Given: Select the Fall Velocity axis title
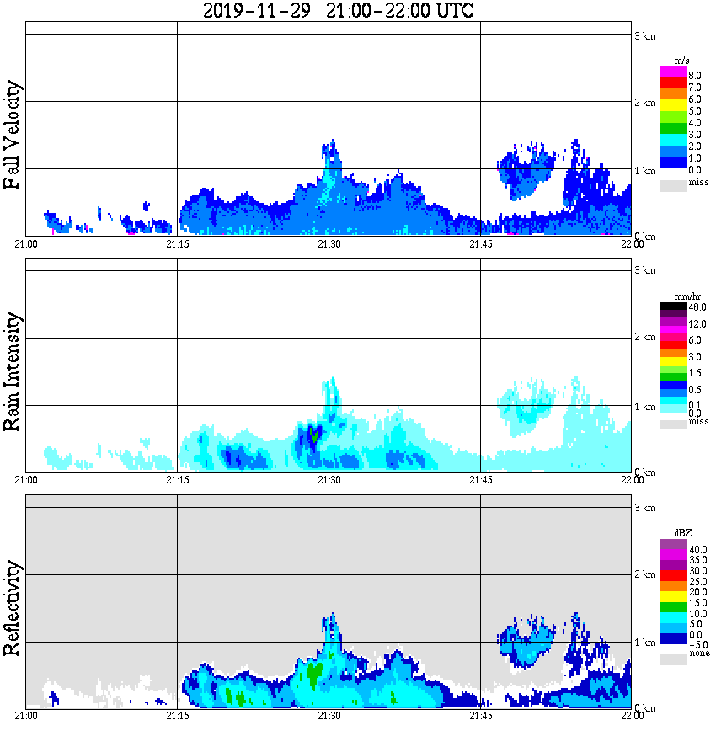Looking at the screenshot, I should (x=13, y=136).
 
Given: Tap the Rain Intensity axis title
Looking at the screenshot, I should (x=13, y=371).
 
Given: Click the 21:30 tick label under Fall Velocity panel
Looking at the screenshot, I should (x=329, y=244).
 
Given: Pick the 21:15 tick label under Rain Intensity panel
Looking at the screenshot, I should (x=177, y=480).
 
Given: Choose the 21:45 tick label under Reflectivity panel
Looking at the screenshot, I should (x=480, y=716).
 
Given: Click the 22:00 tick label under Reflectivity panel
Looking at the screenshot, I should (x=632, y=716).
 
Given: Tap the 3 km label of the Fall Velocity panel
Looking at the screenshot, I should (x=644, y=35).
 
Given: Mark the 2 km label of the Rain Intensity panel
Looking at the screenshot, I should (x=644, y=338).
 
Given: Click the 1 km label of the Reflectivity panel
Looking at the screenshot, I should (x=644, y=643).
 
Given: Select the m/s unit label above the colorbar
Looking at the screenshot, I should (x=672, y=61).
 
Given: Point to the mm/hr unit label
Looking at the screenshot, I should (x=672, y=296).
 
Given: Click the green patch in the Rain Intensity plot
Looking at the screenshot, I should (x=313, y=434).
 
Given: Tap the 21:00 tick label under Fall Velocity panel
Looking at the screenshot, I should (x=26, y=244).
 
